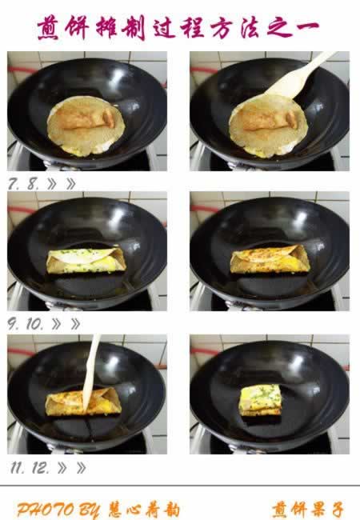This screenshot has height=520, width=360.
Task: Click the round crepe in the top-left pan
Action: point(86,126)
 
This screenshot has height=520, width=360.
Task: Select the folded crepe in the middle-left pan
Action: point(86,260)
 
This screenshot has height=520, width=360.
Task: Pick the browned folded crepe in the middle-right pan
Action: point(270,259)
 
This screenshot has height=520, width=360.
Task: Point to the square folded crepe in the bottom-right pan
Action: point(260,400)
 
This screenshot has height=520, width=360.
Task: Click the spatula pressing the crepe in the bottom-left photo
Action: point(91,371)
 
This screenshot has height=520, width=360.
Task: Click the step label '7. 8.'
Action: point(23,184)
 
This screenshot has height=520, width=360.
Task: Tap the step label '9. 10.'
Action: point(25,324)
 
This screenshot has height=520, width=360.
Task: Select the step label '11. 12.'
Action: point(30,468)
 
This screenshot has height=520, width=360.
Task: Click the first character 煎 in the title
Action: point(49,28)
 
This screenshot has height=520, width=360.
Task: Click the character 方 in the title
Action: point(223,27)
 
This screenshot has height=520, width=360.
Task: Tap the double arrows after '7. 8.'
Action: point(62,184)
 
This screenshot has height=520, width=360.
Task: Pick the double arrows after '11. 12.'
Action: point(72,468)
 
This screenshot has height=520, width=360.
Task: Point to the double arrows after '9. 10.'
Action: point(66,324)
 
